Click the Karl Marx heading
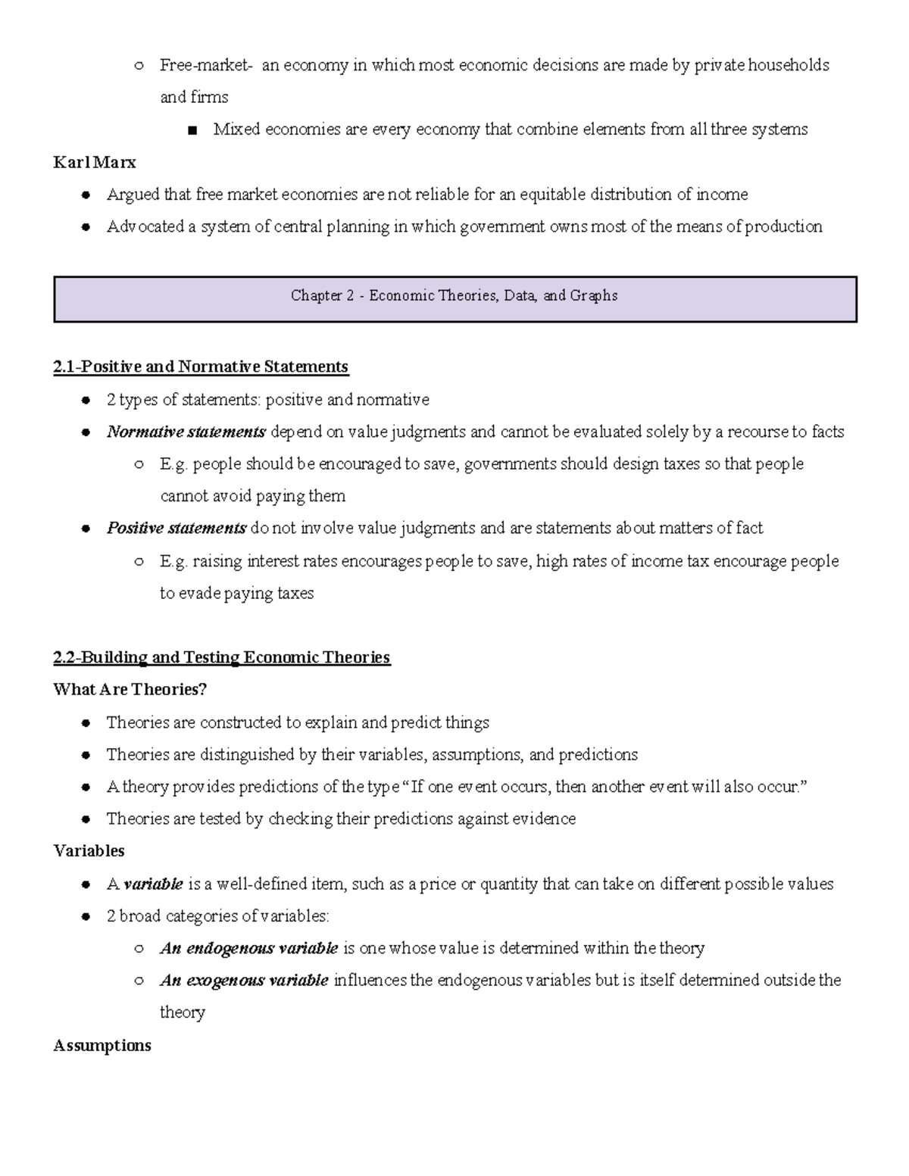pos(94,162)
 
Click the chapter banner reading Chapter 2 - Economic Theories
pos(454,296)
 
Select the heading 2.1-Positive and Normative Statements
pos(201,367)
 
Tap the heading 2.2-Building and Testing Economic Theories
pos(221,657)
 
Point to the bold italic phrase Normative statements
pos(186,432)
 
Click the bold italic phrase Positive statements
pos(176,529)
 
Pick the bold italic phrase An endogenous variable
pos(248,949)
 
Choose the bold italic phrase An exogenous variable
pos(244,981)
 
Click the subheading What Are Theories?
pos(130,690)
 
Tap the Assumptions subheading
pos(102,1046)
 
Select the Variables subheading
pos(89,851)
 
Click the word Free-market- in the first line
pos(205,65)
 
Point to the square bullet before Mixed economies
pos(192,130)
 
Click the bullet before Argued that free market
pos(87,195)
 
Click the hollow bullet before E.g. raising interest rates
pos(139,562)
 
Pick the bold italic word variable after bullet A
pos(153,884)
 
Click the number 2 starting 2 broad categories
pos(111,917)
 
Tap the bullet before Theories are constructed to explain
pos(87,723)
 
